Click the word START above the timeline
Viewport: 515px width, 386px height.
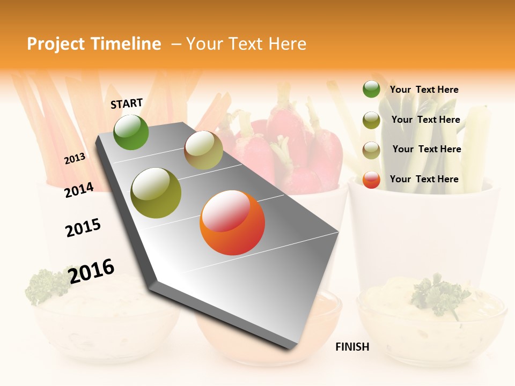[x=127, y=103]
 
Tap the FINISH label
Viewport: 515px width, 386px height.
[x=352, y=347]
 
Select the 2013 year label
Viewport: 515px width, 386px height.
[x=75, y=159]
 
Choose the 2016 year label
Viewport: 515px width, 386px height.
[x=91, y=271]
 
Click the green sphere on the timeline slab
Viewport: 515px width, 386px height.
[x=131, y=132]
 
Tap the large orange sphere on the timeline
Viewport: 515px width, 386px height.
[x=232, y=222]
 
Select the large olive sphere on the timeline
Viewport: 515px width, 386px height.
[x=156, y=193]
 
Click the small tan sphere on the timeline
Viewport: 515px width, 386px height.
[x=203, y=150]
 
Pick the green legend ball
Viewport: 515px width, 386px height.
[x=371, y=90]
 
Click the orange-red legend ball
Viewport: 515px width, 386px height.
[x=371, y=180]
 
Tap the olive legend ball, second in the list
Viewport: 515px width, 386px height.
[x=371, y=120]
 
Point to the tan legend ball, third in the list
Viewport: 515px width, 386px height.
[x=371, y=150]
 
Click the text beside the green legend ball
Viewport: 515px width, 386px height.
[x=424, y=90]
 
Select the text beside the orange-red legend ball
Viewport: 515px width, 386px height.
[x=424, y=179]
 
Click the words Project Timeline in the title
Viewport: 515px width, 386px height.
[x=94, y=44]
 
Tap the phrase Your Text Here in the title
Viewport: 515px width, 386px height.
[x=246, y=44]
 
